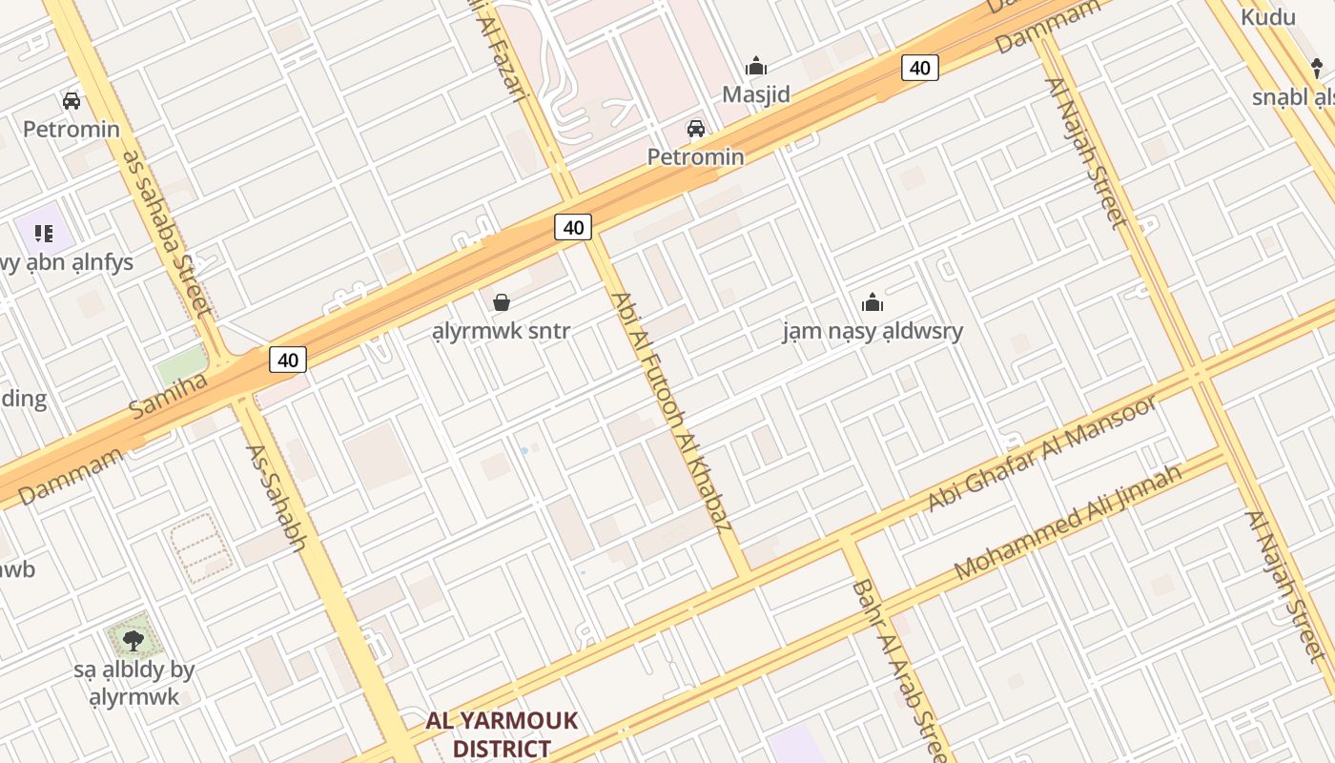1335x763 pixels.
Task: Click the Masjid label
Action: pyautogui.click(x=756, y=94)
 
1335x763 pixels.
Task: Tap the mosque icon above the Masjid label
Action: pyautogui.click(x=756, y=66)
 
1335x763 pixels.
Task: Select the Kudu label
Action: pyautogui.click(x=1268, y=17)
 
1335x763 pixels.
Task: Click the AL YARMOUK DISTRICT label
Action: pyautogui.click(x=502, y=733)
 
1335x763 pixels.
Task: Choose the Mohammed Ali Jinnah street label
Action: pyautogui.click(x=1068, y=522)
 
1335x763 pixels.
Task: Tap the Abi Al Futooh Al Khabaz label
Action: pyautogui.click(x=672, y=410)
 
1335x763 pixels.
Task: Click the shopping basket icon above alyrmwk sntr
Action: pyautogui.click(x=502, y=302)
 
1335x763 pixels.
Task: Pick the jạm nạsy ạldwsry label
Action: pyautogui.click(x=873, y=331)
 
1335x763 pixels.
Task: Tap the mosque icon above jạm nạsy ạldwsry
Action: pyautogui.click(x=873, y=302)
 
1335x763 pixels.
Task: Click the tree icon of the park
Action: pyautogui.click(x=133, y=640)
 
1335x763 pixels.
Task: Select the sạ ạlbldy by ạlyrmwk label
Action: pyautogui.click(x=133, y=683)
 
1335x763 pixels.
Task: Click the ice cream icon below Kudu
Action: pyautogui.click(x=1318, y=68)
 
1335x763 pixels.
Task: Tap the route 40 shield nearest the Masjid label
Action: pyautogui.click(x=919, y=68)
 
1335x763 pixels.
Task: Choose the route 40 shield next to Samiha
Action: pyautogui.click(x=288, y=360)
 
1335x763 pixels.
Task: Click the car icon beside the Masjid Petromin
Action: pyautogui.click(x=696, y=129)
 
